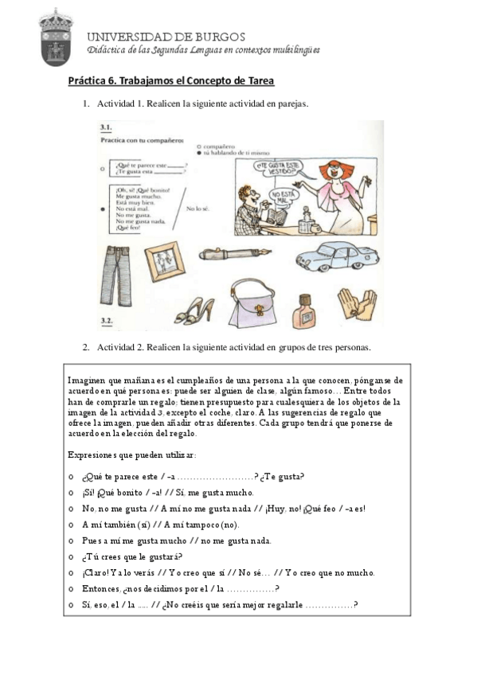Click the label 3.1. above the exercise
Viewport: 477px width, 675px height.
105,127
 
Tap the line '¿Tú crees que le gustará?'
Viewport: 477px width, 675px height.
131,556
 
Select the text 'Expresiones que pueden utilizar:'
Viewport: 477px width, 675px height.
131,455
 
